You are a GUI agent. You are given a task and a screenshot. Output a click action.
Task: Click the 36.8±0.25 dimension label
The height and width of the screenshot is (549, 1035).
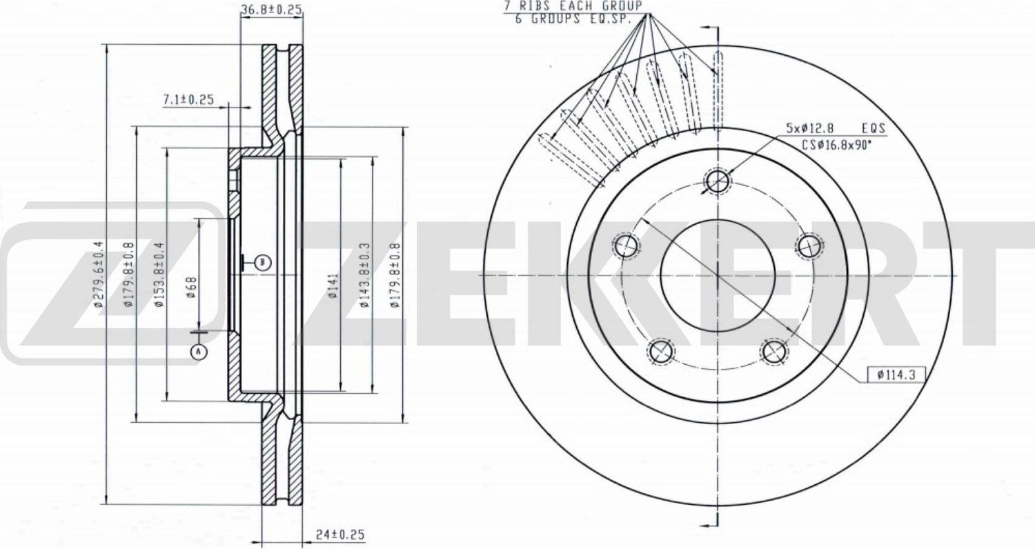coord(271,9)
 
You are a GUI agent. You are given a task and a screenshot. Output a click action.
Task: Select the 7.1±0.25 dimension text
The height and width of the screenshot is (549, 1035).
coord(188,100)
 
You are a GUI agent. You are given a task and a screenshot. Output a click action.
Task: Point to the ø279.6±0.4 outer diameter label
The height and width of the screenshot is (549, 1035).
coord(99,274)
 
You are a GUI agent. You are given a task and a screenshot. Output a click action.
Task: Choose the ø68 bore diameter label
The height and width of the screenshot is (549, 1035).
coord(191,286)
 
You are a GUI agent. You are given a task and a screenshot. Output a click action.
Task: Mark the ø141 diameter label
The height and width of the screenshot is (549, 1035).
coord(332,286)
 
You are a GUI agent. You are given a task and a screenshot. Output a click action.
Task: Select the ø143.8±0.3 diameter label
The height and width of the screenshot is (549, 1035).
coord(363,274)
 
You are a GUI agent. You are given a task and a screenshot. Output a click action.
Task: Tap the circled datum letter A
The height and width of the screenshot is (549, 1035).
coord(198,352)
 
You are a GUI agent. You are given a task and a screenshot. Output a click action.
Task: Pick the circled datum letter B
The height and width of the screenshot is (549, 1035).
coord(262,262)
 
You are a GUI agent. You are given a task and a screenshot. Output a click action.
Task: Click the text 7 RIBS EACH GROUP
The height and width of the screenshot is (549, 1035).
coord(573,6)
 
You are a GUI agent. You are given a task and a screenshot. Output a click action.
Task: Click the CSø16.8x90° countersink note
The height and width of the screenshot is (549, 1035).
coord(836,145)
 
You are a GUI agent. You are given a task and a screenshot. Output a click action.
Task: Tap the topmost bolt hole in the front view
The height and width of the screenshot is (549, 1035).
coord(718,182)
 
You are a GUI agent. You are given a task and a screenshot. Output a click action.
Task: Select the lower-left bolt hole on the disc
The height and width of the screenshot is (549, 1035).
coord(660,350)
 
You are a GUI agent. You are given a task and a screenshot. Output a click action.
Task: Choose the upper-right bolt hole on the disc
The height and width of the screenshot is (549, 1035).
coord(808,245)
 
